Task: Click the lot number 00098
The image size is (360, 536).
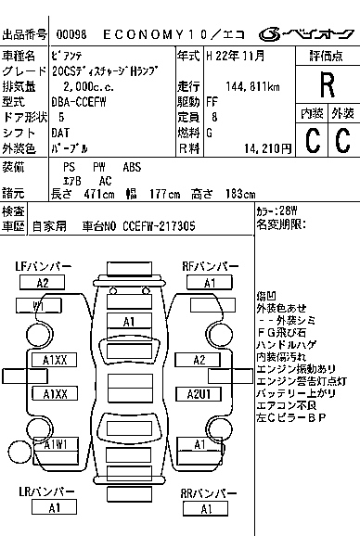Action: point(71,34)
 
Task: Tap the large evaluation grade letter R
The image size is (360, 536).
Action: point(326,85)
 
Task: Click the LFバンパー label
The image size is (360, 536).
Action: point(43,267)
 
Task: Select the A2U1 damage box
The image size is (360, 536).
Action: point(201,394)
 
